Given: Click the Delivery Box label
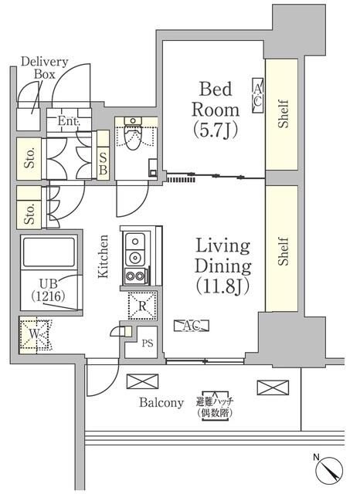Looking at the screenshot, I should click(45, 68).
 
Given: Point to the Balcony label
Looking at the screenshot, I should click(161, 402).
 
